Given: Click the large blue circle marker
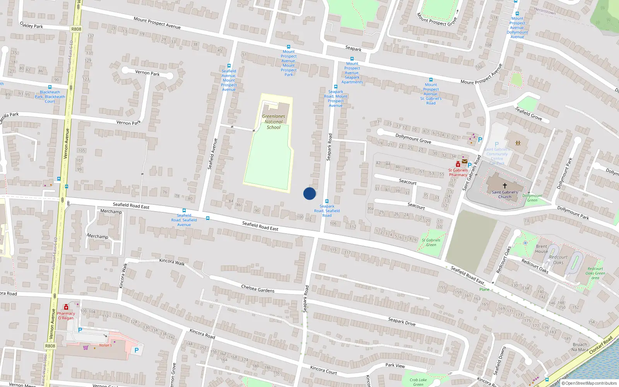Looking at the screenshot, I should [x=309, y=193].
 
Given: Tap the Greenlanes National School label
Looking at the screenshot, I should [x=274, y=122].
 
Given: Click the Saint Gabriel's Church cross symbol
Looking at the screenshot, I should [x=504, y=186].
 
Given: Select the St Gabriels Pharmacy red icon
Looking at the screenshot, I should [x=458, y=164].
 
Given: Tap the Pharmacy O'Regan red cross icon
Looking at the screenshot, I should [x=66, y=307].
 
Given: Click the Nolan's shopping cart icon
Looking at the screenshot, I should [x=85, y=347].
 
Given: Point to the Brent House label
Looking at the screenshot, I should [x=542, y=249].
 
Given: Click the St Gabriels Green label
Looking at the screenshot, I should [x=431, y=242].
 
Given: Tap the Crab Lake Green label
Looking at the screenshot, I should [x=418, y=382].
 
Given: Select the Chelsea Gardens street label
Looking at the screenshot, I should [x=258, y=289].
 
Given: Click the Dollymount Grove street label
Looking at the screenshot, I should [x=413, y=139].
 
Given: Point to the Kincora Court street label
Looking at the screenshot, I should [x=323, y=370].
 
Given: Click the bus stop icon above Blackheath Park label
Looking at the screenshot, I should [x=50, y=87].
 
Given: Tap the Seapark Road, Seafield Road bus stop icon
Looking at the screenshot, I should [x=327, y=201].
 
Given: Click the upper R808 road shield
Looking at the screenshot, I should [x=76, y=29].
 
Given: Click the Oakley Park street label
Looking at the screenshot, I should [x=31, y=26].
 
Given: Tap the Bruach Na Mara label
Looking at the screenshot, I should [x=580, y=347].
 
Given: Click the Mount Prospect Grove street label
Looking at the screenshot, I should [x=436, y=20].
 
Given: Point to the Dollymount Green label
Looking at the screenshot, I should [x=532, y=198].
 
